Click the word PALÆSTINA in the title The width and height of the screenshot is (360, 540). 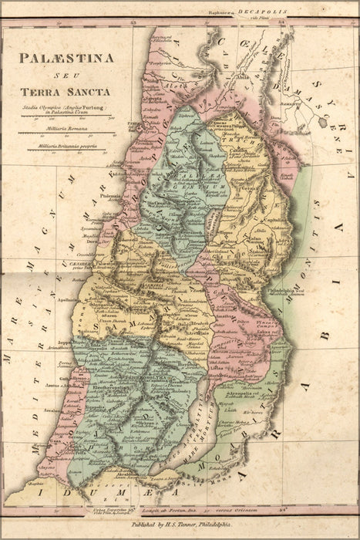coord(66,57)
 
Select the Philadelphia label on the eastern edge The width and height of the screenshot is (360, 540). coord(285,292)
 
